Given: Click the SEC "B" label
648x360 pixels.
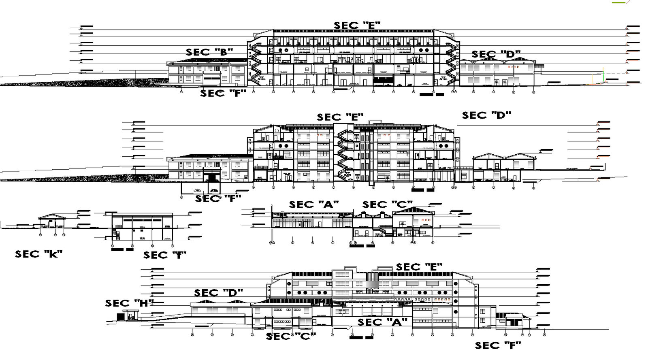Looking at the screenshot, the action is click(x=209, y=52).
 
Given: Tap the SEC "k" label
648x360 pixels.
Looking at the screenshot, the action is click(x=38, y=254).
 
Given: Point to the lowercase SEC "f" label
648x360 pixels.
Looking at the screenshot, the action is click(x=164, y=255).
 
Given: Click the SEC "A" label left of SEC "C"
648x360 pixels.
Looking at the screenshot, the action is click(x=313, y=205).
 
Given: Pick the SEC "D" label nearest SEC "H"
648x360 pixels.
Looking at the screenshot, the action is click(x=218, y=293).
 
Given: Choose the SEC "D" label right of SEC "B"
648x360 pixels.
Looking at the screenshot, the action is click(x=496, y=54).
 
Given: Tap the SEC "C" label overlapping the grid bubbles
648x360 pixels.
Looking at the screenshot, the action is click(x=290, y=336).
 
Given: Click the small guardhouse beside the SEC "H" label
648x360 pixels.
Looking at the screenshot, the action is click(x=130, y=315).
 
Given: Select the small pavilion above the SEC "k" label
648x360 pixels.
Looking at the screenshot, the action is click(x=52, y=221).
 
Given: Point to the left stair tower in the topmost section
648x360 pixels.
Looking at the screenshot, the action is click(x=255, y=63).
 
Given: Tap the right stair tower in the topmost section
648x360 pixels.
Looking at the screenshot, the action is click(x=450, y=63).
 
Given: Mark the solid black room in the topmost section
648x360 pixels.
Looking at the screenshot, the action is click(x=383, y=81).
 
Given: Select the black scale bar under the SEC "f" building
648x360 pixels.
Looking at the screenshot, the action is click(x=122, y=249).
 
